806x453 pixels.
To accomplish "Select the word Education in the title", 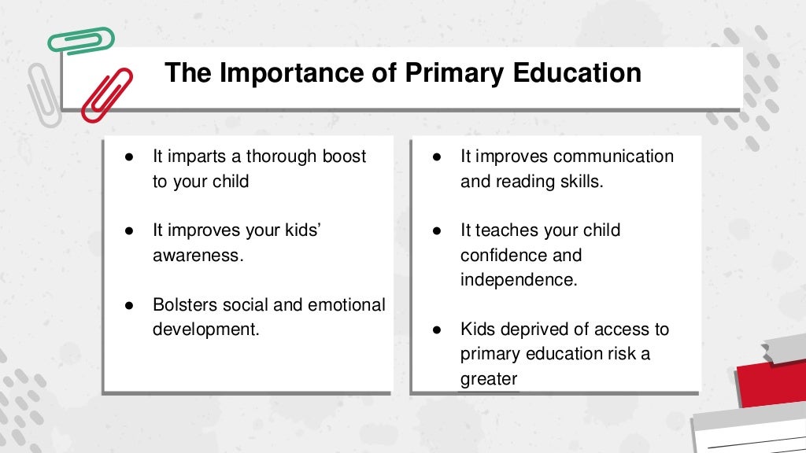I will pyautogui.click(x=577, y=73).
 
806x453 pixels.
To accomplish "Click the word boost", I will pyautogui.click(x=344, y=157).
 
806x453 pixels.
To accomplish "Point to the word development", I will pyautogui.click(x=204, y=330).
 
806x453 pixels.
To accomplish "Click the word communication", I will pyautogui.click(x=613, y=157).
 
